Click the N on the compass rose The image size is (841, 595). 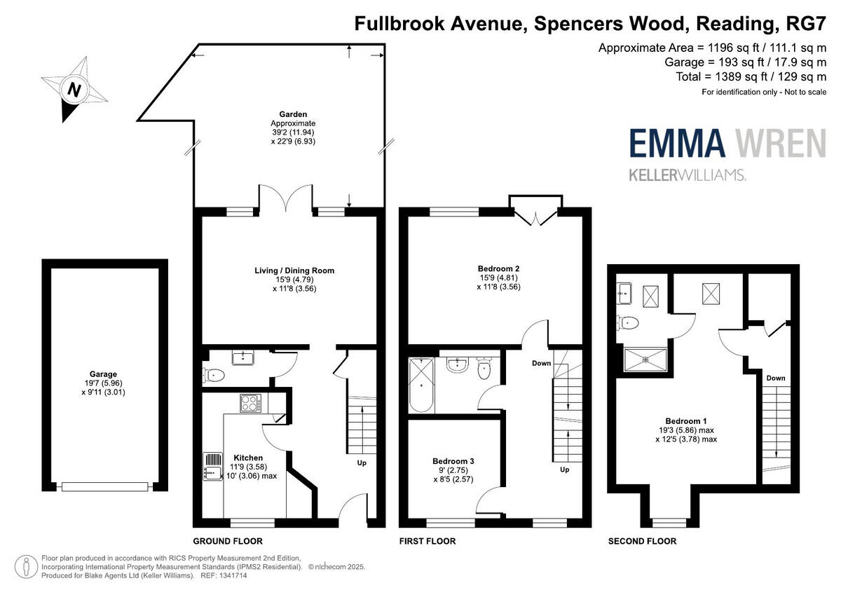(72, 90)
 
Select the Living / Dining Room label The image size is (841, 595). (294, 270)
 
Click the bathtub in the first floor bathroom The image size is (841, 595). (421, 385)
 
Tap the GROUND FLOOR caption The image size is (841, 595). (228, 541)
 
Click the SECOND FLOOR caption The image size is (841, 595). (642, 541)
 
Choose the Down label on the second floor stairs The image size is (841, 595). (776, 378)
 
